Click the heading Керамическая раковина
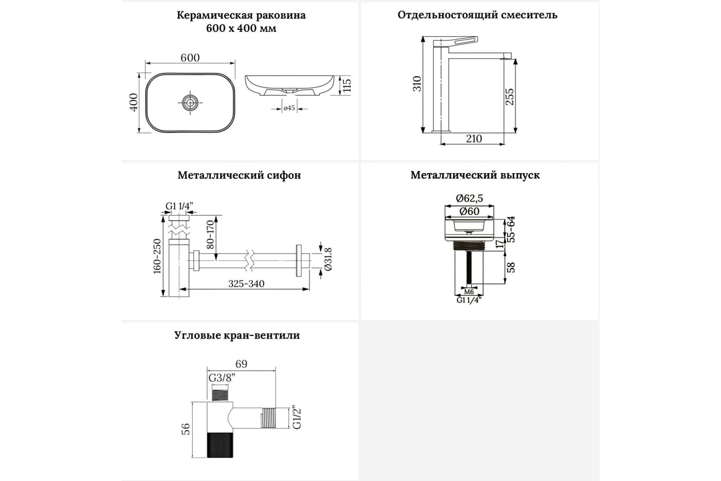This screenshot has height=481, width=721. pyautogui.click(x=241, y=16)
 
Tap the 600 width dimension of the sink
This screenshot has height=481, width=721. pyautogui.click(x=190, y=58)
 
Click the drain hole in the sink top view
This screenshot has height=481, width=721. pyautogui.click(x=190, y=103)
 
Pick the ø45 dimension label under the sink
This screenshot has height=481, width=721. pyautogui.click(x=288, y=108)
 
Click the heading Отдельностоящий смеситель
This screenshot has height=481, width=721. pyautogui.click(x=478, y=15)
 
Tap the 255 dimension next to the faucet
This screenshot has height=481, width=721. pyautogui.click(x=510, y=96)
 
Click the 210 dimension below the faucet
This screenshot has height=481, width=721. pyautogui.click(x=473, y=139)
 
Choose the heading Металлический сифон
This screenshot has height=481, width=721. pyautogui.click(x=239, y=176)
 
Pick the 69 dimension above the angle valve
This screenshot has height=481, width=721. pyautogui.click(x=240, y=364)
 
